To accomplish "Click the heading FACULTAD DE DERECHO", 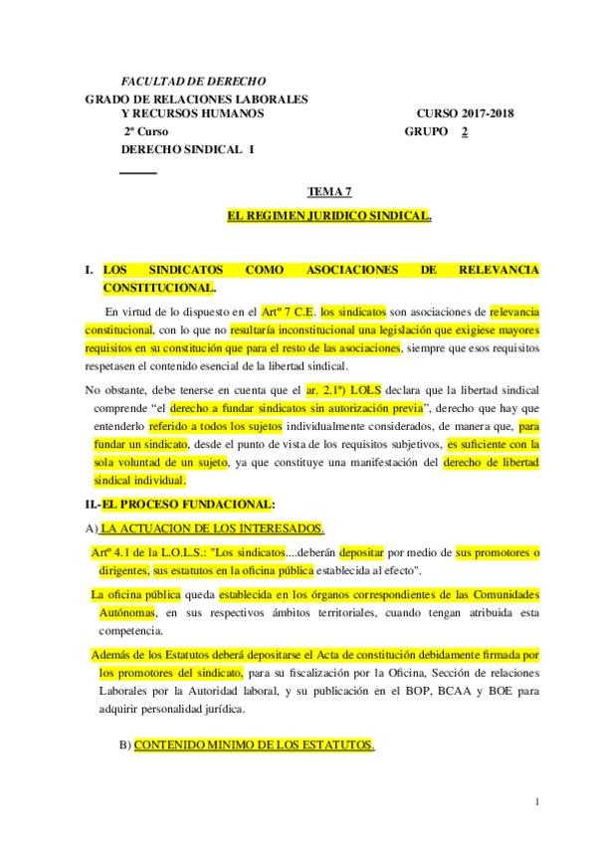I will point(193,81).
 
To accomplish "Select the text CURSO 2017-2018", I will point(465,113).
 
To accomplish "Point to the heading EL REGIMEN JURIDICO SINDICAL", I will point(329,215).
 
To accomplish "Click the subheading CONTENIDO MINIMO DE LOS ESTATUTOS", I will point(254,743).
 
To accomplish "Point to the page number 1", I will point(536,802).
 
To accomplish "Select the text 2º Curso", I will point(146,131).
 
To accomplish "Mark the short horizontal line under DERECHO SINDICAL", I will point(138,173).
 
